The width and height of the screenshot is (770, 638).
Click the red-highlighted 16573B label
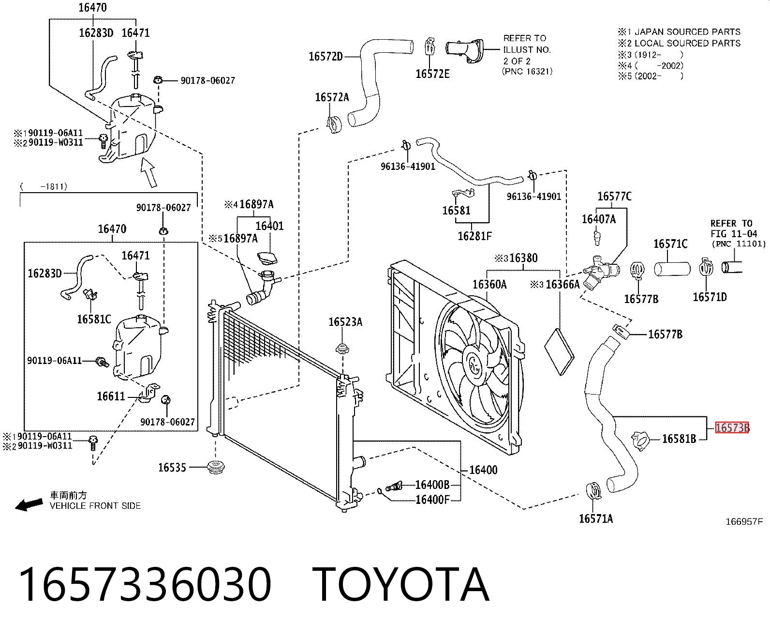(x=732, y=427)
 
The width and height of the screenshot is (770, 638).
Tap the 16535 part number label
(x=172, y=468)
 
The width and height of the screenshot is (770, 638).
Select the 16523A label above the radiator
(x=345, y=322)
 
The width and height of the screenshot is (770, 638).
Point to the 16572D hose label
(x=326, y=57)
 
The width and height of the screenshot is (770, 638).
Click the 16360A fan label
(x=490, y=284)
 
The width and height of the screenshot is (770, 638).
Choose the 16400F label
(x=432, y=500)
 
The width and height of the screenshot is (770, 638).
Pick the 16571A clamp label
(x=596, y=519)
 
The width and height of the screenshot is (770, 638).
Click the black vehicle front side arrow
(x=29, y=504)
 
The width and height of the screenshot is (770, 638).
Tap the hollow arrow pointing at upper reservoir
(x=149, y=172)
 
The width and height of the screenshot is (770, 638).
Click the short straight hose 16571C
(x=672, y=269)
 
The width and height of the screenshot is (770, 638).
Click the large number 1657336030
(x=145, y=585)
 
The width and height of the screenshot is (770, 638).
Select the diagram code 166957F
(x=744, y=522)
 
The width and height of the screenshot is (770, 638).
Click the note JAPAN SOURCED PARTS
(x=687, y=32)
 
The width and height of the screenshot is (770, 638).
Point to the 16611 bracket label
(x=111, y=396)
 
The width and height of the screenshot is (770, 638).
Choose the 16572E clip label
(x=432, y=74)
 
